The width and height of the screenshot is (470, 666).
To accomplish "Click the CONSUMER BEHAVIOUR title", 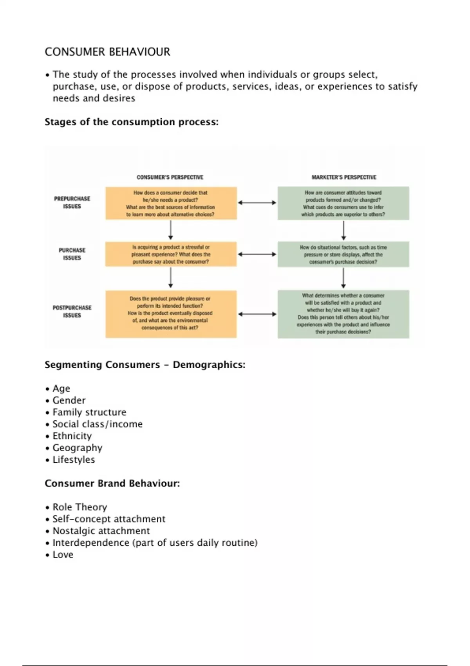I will coord(107,52).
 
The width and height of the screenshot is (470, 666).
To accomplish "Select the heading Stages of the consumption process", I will coord(131,122).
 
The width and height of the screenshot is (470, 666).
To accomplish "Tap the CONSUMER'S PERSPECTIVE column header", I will coord(170,177).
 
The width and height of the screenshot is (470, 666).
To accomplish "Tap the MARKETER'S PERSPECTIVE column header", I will coord(344,177).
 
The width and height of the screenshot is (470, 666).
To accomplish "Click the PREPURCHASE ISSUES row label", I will coord(72,203).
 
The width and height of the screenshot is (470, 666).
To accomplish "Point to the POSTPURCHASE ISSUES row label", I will coord(72,311).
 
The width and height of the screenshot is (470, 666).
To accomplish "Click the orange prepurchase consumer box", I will coord(171,203).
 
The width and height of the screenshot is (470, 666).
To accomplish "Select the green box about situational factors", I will coord(343,255).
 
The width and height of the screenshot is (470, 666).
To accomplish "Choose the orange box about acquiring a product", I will coord(171,255).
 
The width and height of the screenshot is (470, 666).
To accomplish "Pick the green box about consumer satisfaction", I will coord(343,314).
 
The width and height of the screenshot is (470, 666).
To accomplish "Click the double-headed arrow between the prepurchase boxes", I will coord(257,203).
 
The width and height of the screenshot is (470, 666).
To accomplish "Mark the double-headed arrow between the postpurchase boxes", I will coord(257,314).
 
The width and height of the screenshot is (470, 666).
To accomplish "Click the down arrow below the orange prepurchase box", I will coord(170,230).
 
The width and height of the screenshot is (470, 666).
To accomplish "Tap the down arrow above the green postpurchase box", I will coord(343,279).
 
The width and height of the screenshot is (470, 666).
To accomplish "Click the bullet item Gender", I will coord(69,400).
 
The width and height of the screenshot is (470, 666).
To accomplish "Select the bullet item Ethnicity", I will coord(72,436).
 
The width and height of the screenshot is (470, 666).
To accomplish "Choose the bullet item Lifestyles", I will coord(74,460).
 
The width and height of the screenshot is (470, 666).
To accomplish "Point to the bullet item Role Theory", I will coord(80,507).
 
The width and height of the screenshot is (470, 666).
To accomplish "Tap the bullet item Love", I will coord(63,555).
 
